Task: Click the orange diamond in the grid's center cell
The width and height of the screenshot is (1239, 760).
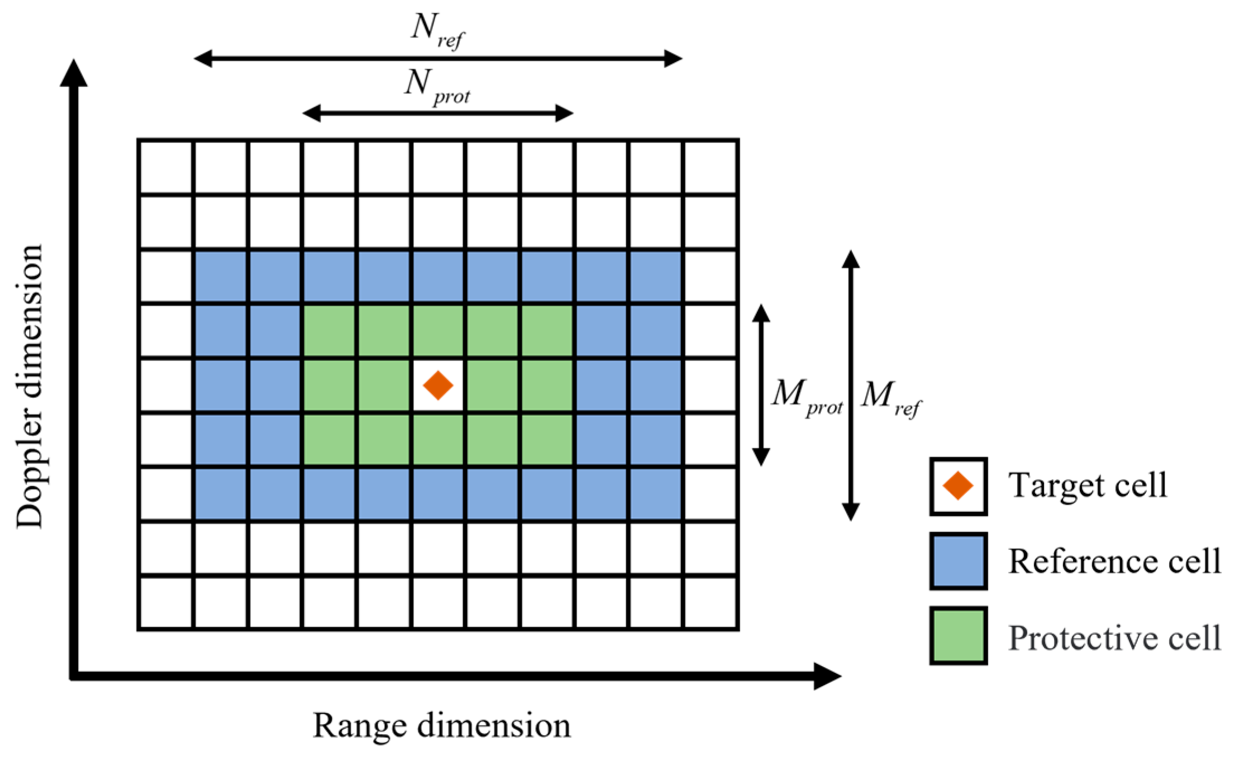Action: (x=438, y=386)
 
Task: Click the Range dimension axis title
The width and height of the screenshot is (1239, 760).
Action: (x=441, y=725)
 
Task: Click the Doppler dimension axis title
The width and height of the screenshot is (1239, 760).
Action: (x=29, y=386)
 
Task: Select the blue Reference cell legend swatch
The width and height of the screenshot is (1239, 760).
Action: (x=958, y=561)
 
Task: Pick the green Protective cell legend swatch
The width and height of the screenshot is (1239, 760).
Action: (x=958, y=635)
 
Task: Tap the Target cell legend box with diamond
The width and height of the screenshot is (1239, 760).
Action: (x=958, y=486)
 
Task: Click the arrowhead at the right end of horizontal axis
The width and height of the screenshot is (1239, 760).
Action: (x=827, y=676)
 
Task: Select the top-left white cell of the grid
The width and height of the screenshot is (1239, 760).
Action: (x=166, y=167)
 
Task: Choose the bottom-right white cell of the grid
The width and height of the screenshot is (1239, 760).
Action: (x=711, y=602)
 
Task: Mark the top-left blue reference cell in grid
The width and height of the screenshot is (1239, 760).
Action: (x=221, y=277)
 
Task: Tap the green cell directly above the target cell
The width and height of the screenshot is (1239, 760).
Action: (x=438, y=331)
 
